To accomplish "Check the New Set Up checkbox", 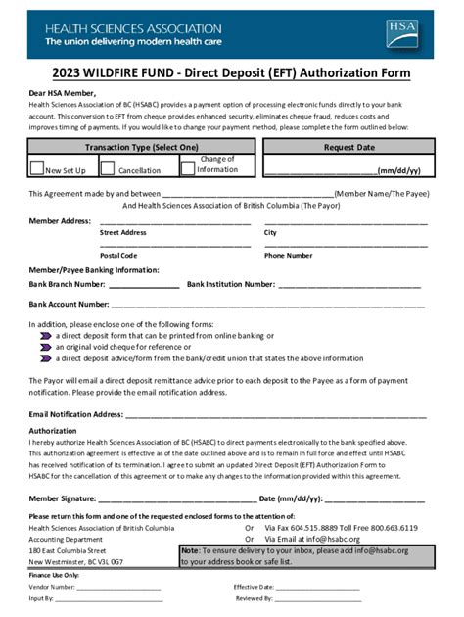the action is pos(37,167).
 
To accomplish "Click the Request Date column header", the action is pos(349,148).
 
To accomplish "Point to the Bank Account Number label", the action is pos(69,305).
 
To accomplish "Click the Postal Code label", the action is pos(118,256).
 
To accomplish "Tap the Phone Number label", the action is pos(289,256).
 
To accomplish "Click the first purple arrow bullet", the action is pos(45,335).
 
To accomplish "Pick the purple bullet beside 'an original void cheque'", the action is pos(45,347).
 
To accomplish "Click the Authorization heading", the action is pos(53,430).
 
